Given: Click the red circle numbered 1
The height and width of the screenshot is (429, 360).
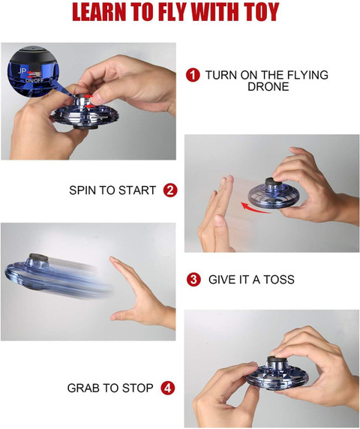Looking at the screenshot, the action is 193,75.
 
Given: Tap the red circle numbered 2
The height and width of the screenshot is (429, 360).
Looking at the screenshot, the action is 170,190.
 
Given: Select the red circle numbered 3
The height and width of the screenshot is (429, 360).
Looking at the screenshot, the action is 193,280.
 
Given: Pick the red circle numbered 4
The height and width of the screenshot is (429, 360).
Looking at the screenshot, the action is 167,388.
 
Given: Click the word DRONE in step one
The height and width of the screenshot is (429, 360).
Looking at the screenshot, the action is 268,87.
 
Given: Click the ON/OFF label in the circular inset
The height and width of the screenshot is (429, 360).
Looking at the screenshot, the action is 34,80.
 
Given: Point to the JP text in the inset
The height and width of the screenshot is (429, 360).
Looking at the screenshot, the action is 22,71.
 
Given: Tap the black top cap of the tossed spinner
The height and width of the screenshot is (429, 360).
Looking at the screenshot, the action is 38,257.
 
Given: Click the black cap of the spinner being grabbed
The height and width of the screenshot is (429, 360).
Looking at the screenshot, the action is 277,361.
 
